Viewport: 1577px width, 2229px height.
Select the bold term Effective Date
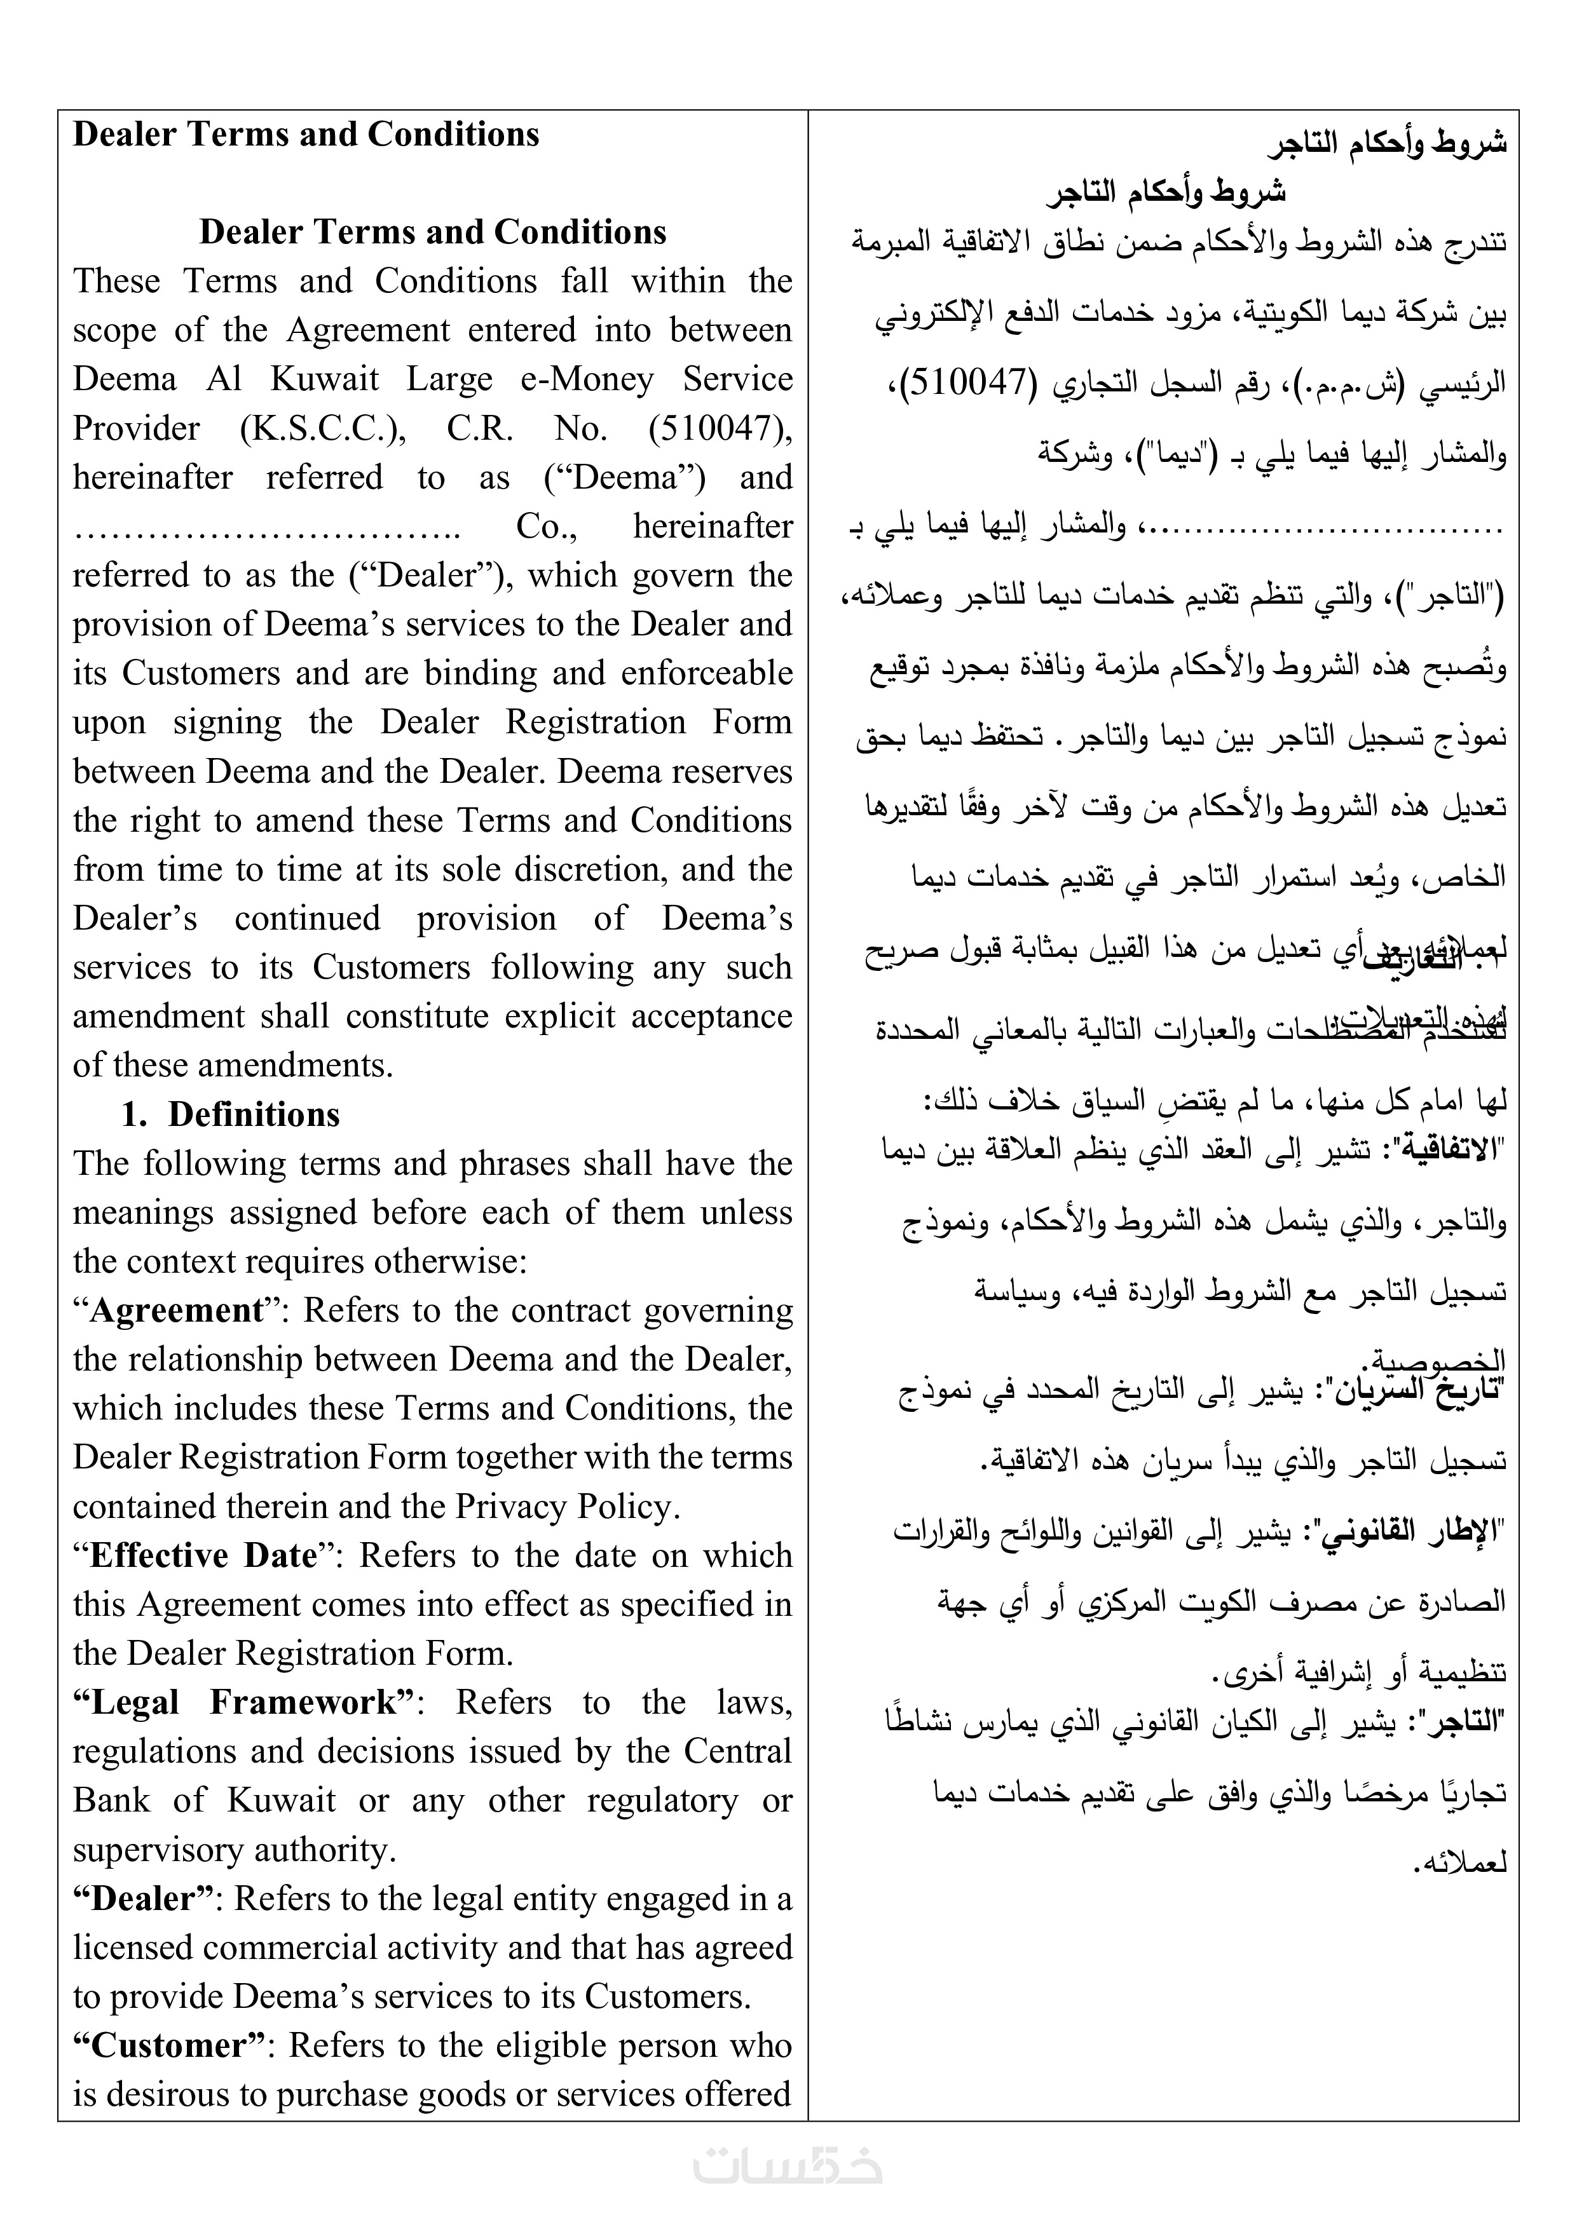pyautogui.click(x=203, y=1555)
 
